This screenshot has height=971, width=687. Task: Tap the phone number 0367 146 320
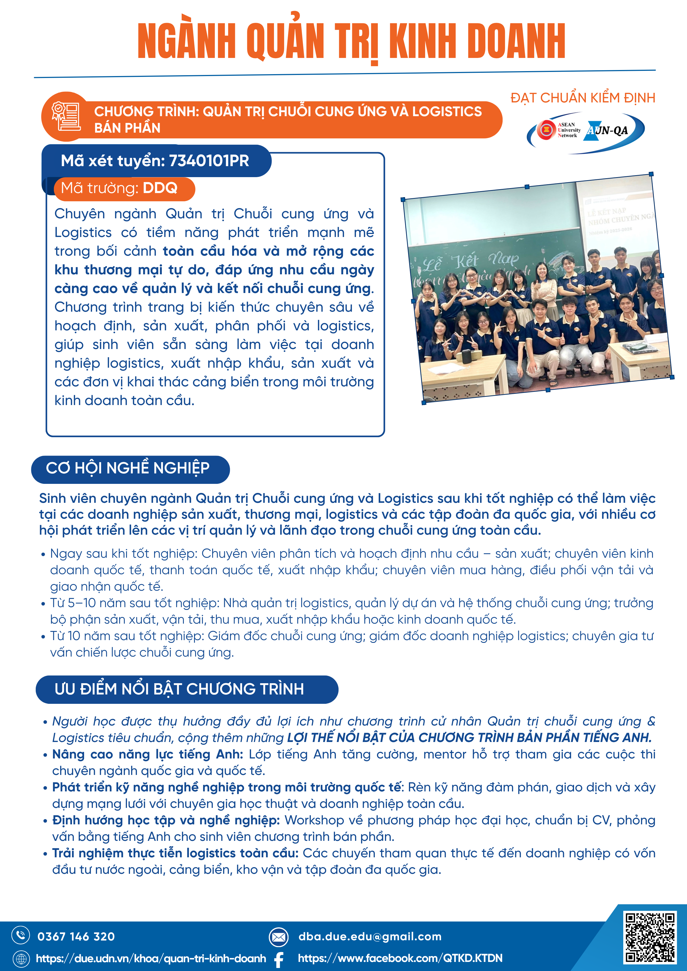pos(76,937)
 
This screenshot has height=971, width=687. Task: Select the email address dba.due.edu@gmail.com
pos(370,936)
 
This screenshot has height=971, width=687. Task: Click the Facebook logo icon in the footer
pos(279,959)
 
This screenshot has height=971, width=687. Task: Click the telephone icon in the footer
pos(20,935)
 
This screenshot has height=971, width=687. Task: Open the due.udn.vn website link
pos(151,958)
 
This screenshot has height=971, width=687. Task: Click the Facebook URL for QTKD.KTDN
pos(400,958)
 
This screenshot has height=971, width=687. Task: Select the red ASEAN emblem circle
pos(546,130)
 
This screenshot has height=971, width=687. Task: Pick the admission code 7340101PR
pos(209,161)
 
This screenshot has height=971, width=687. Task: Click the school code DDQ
pos(160,188)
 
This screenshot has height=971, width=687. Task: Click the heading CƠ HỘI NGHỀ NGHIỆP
pos(128,468)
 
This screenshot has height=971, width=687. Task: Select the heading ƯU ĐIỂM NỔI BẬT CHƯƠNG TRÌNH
pos(179,689)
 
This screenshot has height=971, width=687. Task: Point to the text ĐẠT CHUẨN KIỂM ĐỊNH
pos(583,98)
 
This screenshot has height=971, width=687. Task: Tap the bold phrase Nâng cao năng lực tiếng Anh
pos(147,754)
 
